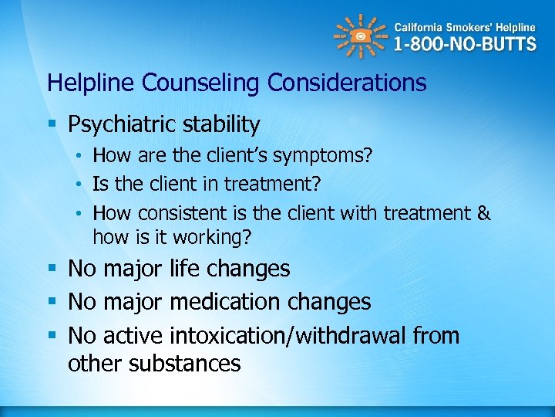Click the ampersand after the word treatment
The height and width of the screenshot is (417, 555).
click(x=483, y=213)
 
